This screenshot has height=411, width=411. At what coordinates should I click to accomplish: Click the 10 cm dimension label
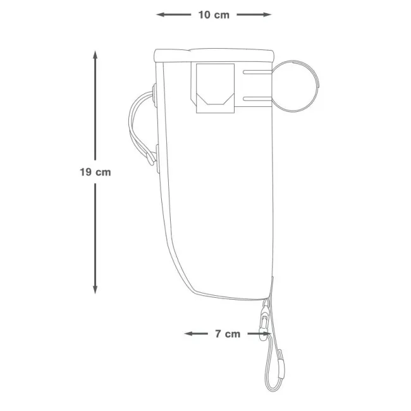pyautogui.click(x=214, y=15)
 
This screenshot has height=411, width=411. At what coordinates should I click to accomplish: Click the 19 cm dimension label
pyautogui.click(x=95, y=172)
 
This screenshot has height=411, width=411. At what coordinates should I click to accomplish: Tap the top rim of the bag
pyautogui.click(x=215, y=54)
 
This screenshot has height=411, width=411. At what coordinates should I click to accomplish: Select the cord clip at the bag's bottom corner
pyautogui.click(x=267, y=312)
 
